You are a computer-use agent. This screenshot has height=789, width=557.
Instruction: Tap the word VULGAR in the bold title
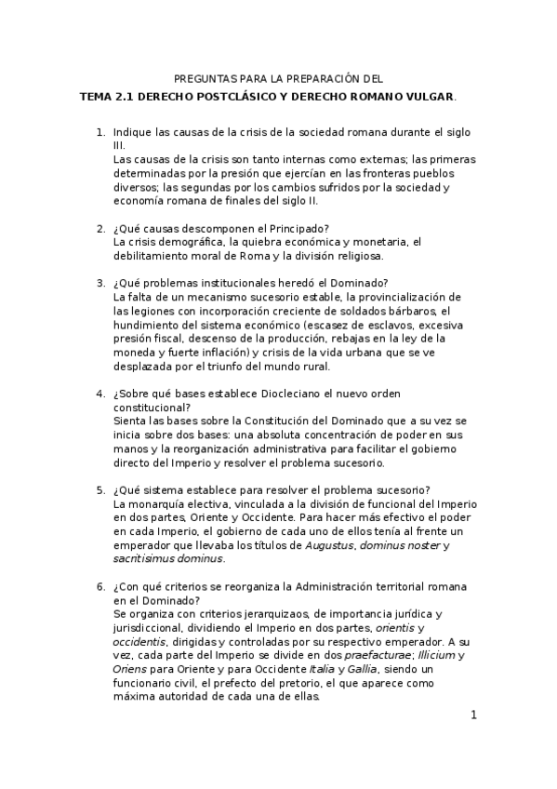[x=428, y=96]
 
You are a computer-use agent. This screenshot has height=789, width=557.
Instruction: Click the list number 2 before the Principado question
[x=101, y=230]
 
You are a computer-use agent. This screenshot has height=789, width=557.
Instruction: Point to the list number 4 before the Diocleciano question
[x=101, y=394]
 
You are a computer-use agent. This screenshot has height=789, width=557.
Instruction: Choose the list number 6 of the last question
[x=101, y=588]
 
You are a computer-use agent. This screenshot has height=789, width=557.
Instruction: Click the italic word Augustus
[x=329, y=545]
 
